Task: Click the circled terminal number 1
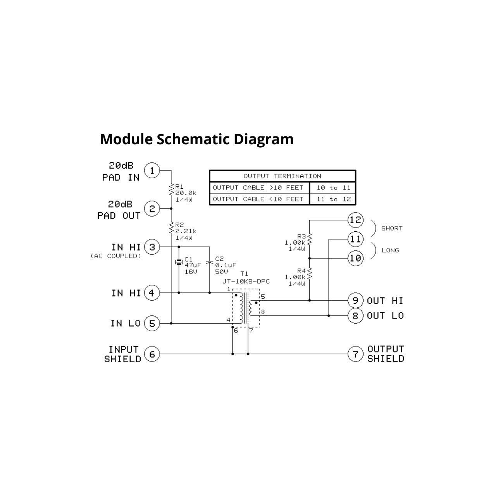(152, 170)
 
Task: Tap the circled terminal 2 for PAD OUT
(152, 209)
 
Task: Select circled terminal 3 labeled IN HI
(152, 247)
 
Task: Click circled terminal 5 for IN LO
(152, 324)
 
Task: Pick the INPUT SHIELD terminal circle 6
(152, 354)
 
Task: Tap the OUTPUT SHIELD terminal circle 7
(355, 354)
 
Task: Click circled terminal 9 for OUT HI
(355, 301)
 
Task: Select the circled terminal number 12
(355, 220)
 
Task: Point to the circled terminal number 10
(355, 258)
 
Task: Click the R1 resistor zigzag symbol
(171, 189)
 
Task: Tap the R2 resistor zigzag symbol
(171, 228)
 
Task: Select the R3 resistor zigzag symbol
(310, 239)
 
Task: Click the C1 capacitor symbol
(179, 262)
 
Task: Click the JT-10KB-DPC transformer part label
(246, 281)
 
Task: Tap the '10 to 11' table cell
(333, 188)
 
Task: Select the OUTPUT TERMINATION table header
(282, 176)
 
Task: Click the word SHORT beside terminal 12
(392, 228)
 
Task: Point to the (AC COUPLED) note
(116, 256)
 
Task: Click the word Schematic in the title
(193, 139)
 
